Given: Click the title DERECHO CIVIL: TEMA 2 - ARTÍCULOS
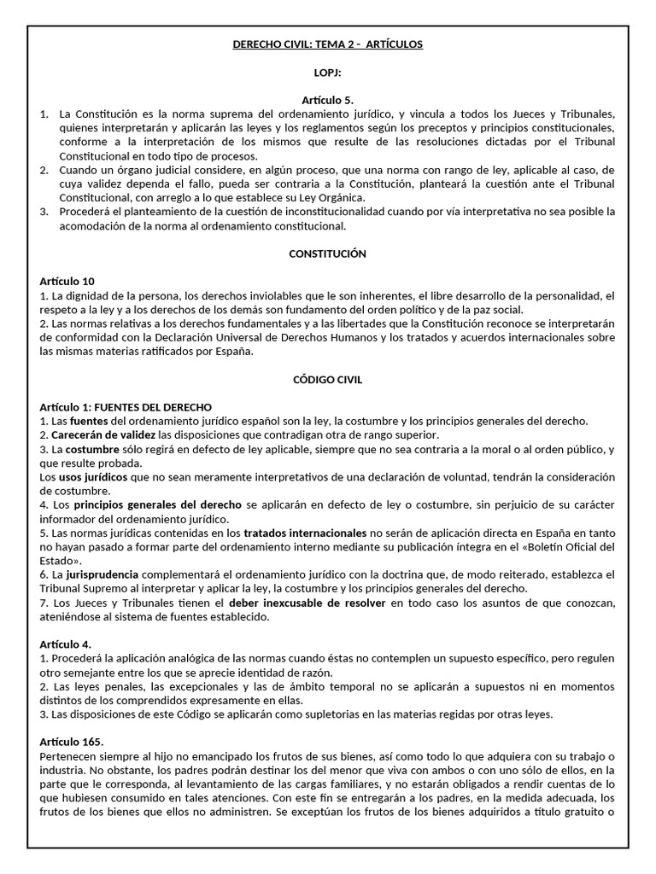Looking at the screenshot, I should pyautogui.click(x=328, y=44).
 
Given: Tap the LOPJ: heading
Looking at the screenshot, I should pyautogui.click(x=328, y=74).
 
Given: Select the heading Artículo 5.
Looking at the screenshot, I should pyautogui.click(x=328, y=100).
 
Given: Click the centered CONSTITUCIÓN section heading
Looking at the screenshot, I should pyautogui.click(x=328, y=253).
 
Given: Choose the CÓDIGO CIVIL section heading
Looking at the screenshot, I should pyautogui.click(x=328, y=379).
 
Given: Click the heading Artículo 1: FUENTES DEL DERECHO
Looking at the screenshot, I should pyautogui.click(x=126, y=407).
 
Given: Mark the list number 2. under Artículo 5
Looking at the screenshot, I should pyautogui.click(x=45, y=171).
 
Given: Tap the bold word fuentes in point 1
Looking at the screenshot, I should pyautogui.click(x=87, y=421).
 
